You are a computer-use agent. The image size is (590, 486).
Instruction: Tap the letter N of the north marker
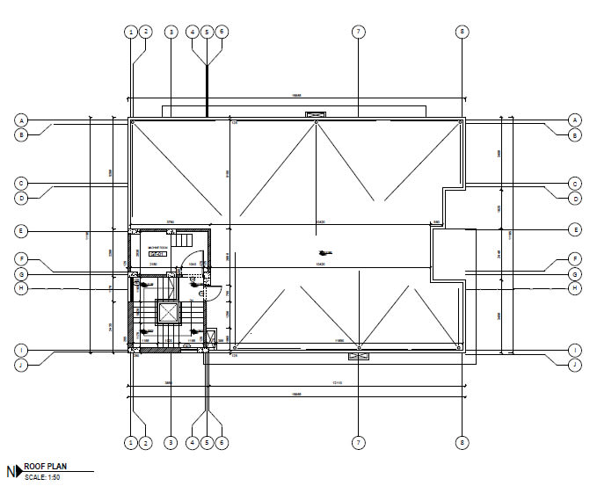11,471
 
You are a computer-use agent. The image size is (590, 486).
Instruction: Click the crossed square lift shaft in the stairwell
167,312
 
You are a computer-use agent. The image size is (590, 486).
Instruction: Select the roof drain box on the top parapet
313,114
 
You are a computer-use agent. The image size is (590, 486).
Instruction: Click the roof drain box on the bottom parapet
359,356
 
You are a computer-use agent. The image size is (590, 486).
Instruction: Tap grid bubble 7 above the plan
358,32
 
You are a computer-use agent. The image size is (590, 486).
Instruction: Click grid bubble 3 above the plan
171,32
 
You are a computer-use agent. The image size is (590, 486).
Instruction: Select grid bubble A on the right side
574,120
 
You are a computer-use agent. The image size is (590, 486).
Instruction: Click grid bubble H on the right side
574,287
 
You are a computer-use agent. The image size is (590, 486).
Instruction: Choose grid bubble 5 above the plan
207,32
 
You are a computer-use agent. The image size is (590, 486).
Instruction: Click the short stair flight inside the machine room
183,240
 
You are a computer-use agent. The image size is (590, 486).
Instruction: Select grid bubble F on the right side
574,259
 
